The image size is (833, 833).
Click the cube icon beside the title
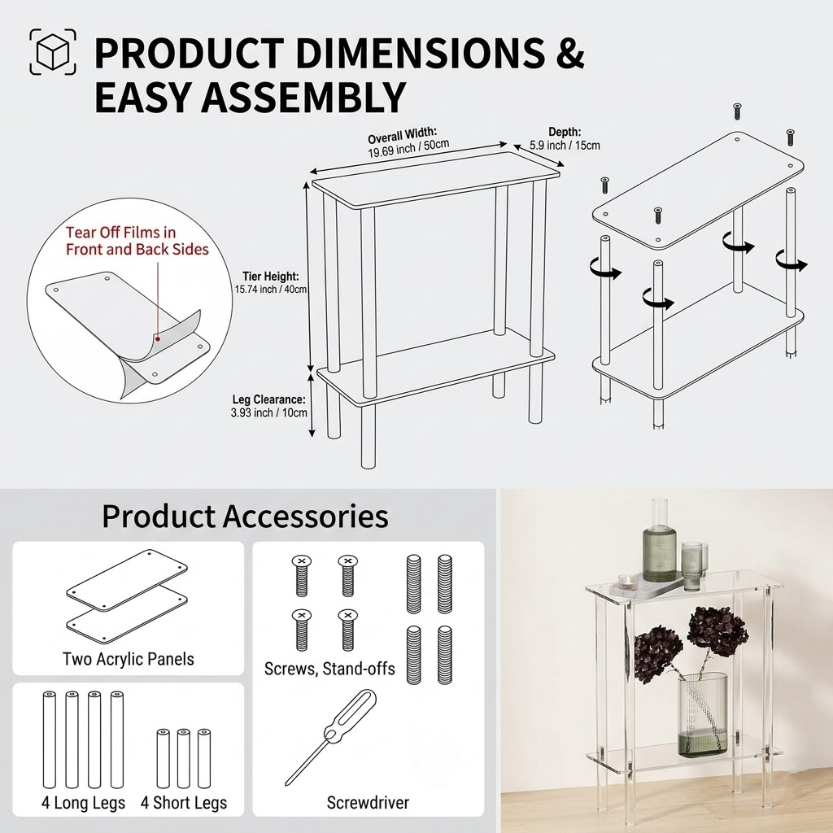(x=53, y=51)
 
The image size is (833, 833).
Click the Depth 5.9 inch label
(x=565, y=138)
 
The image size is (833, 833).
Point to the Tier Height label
(x=271, y=282)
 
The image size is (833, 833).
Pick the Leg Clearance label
(x=268, y=406)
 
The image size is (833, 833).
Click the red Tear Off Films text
(x=137, y=241)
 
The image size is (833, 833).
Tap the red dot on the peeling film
(x=158, y=338)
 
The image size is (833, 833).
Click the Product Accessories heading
(x=245, y=516)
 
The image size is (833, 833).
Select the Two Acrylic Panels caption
(x=128, y=659)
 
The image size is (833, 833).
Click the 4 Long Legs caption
(x=84, y=802)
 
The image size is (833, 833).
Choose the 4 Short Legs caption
(x=184, y=802)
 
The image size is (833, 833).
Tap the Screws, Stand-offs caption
(x=329, y=669)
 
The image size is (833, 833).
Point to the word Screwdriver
(x=368, y=802)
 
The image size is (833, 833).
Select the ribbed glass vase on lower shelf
(x=703, y=714)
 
